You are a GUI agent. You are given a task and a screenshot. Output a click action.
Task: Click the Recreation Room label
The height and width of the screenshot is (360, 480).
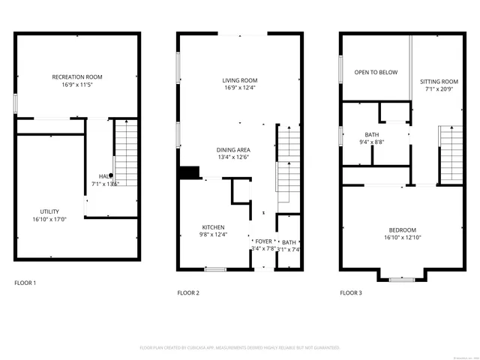pyautogui.click(x=76, y=77)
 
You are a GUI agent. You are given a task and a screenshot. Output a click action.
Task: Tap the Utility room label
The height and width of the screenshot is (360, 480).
pyautogui.click(x=50, y=211)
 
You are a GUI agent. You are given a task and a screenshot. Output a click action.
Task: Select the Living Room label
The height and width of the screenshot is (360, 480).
pyautogui.click(x=239, y=81)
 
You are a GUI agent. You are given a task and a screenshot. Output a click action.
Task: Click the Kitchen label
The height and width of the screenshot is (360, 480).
pyautogui.click(x=213, y=227)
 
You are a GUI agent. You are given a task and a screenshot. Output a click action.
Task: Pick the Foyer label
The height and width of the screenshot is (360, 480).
pyautogui.click(x=263, y=241)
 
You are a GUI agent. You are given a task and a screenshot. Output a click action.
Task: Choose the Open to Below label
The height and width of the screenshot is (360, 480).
pyautogui.click(x=376, y=72)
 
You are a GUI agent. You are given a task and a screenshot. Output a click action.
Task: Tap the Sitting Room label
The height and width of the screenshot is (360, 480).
pyautogui.click(x=439, y=81)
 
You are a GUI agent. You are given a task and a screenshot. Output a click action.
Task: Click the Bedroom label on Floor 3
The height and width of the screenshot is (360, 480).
pyautogui.click(x=402, y=230)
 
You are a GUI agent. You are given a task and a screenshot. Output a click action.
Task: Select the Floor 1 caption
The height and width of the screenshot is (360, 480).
pyautogui.click(x=25, y=283)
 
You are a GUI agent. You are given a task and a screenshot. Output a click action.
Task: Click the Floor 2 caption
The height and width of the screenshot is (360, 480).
pyautogui.click(x=187, y=292)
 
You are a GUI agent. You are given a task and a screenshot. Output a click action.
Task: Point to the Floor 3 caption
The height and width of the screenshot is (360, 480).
pyautogui.click(x=350, y=292)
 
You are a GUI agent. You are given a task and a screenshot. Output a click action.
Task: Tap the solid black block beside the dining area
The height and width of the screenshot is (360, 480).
pyautogui.click(x=188, y=172)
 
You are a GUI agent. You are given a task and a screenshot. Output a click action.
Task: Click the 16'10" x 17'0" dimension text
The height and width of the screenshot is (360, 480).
pyautogui.click(x=49, y=220)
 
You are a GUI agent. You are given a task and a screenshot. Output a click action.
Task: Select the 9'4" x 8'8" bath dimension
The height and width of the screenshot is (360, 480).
pyautogui.click(x=372, y=142)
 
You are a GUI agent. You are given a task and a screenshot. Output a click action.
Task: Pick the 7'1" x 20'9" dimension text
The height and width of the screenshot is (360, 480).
pyautogui.click(x=439, y=89)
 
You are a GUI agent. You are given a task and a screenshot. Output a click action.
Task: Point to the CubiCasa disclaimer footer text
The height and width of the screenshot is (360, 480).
pyautogui.click(x=240, y=348)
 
